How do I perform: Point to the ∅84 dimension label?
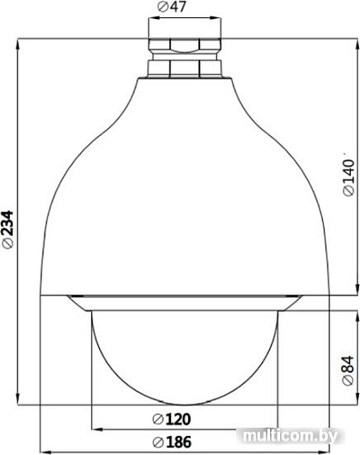coord(348,371)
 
